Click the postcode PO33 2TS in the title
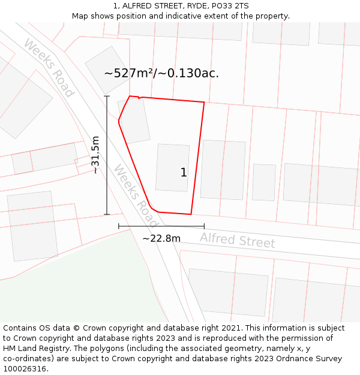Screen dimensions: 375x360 [230, 6]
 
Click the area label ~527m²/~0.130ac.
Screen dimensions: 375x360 [161, 73]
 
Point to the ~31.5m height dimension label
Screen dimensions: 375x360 [95, 155]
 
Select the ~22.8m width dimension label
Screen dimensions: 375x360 [161, 238]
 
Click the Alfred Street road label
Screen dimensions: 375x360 [238, 240]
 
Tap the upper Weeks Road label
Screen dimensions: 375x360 [49, 67]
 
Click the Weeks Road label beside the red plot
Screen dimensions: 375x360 [136, 191]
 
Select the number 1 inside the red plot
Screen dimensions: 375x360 [184, 173]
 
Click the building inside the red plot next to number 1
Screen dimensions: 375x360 [172, 167]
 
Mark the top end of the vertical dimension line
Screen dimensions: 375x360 [107, 96]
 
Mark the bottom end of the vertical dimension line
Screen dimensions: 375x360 [107, 214]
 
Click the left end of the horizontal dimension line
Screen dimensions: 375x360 [119, 226]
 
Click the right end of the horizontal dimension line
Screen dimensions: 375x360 [205, 226]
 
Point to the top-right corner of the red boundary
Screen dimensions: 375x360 [204, 103]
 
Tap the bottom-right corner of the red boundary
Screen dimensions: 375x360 [191, 214]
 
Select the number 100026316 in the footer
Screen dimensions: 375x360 [25, 369]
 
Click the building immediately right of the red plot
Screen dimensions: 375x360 [223, 169]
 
